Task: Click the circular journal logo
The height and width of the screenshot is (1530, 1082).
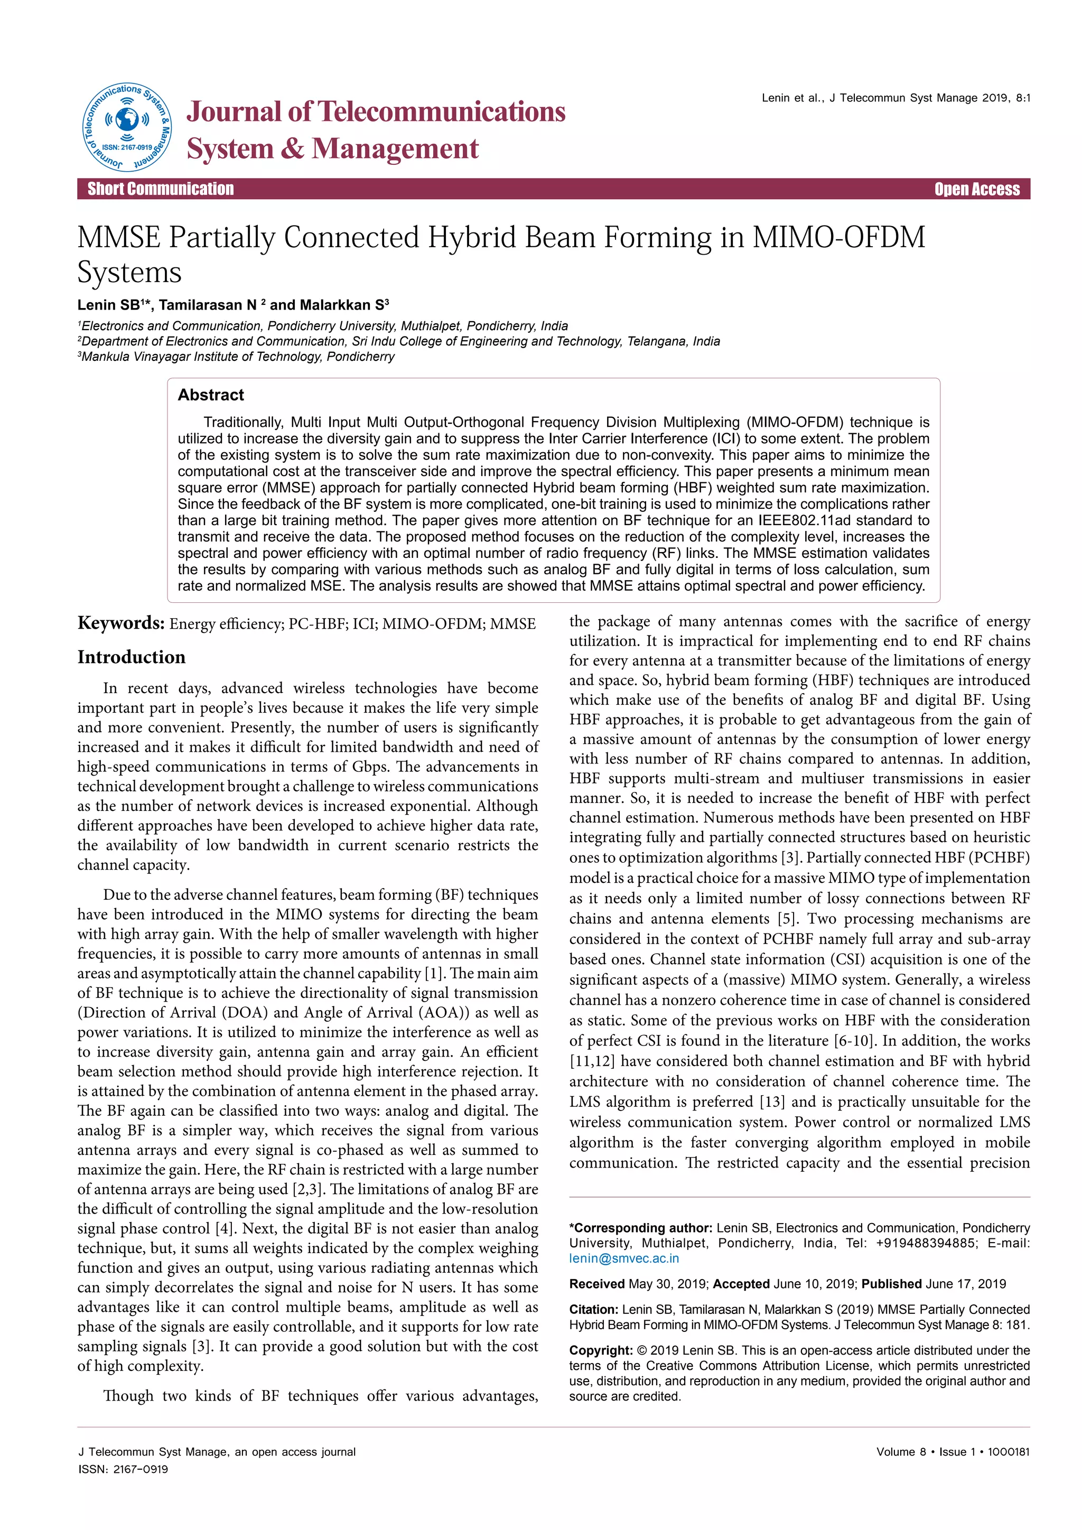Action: pos(127,127)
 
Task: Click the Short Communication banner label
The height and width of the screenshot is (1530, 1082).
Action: pos(161,189)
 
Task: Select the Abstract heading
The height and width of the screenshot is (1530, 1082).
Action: pos(211,395)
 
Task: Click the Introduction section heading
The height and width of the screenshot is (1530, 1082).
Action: pos(131,657)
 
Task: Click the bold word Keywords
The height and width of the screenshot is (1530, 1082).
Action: pos(120,623)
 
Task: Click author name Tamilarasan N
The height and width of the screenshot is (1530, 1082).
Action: pos(207,305)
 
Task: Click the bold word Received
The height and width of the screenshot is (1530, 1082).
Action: pos(597,1284)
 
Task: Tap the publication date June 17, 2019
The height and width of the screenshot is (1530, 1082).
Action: pos(965,1284)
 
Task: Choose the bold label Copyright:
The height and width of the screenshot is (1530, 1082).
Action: pos(600,1351)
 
